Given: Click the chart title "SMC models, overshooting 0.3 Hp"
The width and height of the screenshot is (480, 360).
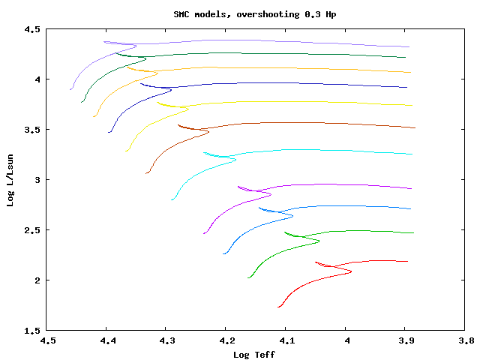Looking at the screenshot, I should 240,14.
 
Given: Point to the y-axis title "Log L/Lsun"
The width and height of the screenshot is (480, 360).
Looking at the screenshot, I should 10,179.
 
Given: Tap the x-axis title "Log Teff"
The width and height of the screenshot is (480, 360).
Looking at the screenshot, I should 254,354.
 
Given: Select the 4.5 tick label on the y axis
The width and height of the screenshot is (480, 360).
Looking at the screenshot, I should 32,29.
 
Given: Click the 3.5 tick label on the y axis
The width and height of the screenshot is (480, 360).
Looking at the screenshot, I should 32,130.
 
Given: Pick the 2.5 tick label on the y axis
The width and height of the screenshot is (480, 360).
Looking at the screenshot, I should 32,230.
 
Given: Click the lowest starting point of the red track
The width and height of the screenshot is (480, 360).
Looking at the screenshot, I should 278,307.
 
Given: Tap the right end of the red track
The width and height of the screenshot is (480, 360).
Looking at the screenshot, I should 407,262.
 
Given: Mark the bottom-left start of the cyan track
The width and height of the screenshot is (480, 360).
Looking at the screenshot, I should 172,199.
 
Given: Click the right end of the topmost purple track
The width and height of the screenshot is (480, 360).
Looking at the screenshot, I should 409,47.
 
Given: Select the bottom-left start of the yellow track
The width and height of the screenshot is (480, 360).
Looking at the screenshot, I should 126,151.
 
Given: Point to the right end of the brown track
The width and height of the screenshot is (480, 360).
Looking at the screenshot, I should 415,128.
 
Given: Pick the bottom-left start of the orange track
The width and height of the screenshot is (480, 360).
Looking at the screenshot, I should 94,116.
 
